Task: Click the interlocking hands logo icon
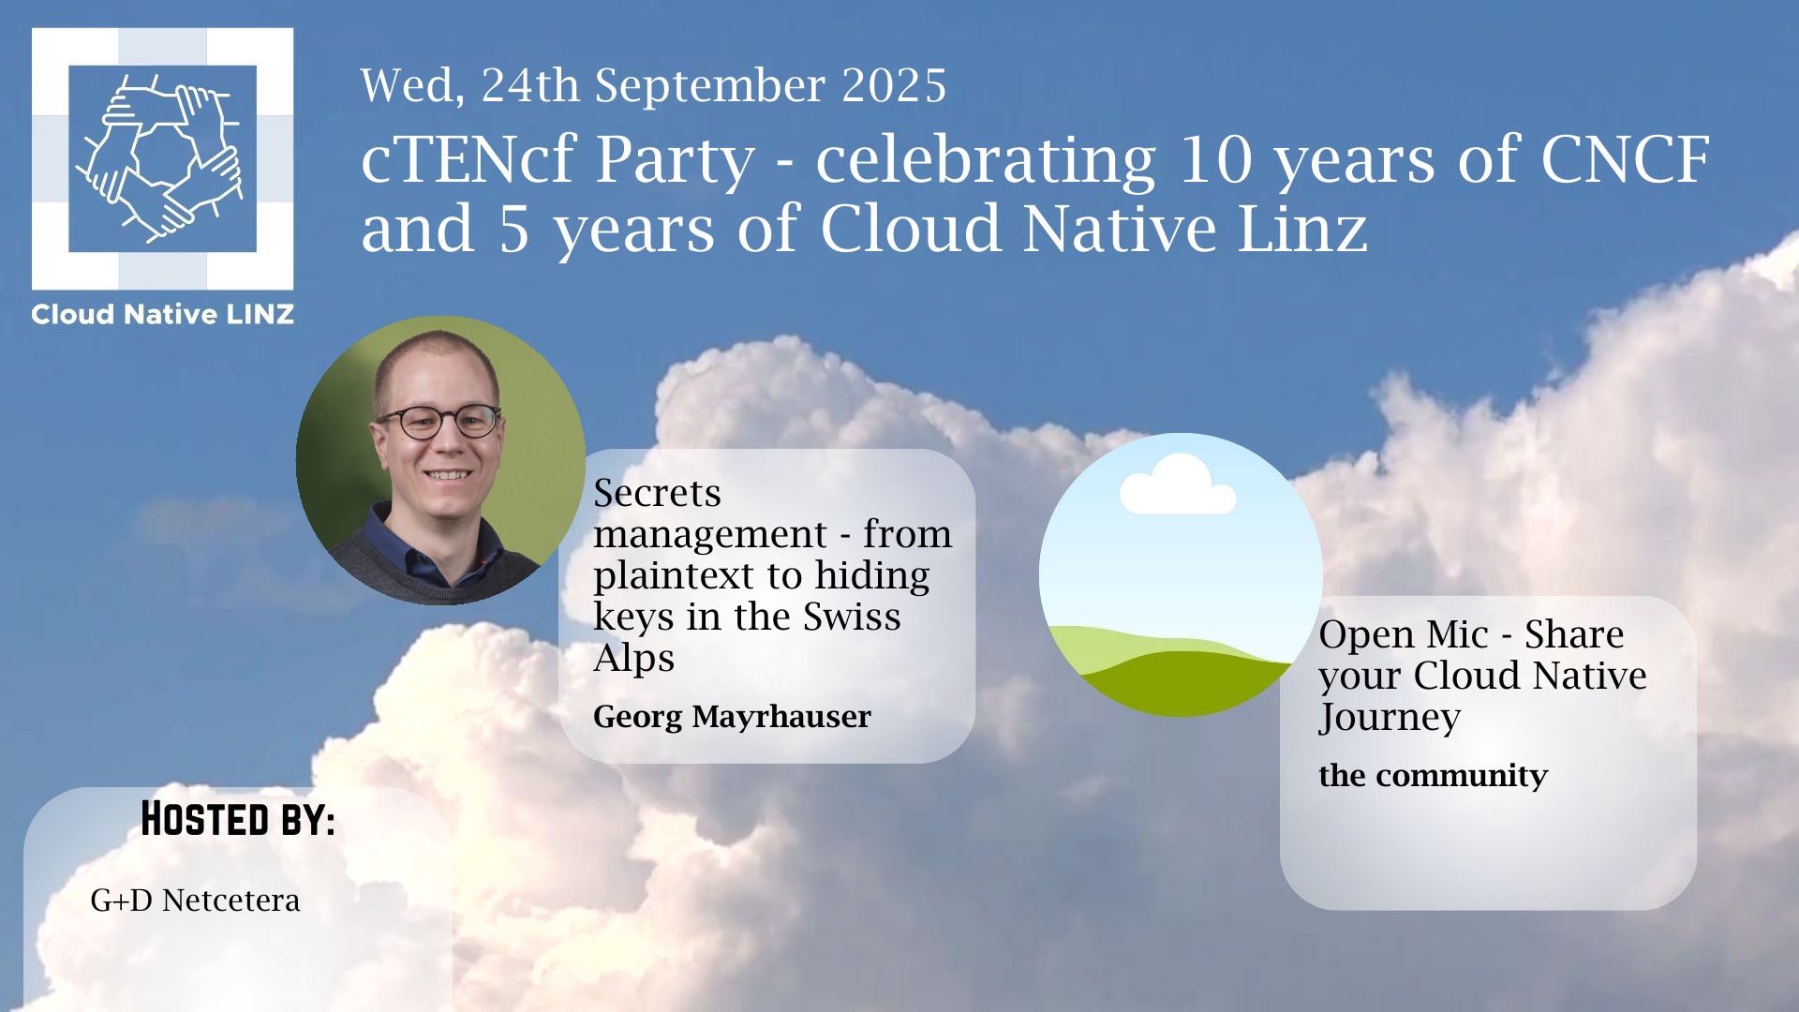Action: [x=162, y=158]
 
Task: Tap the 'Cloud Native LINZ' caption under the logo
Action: [x=162, y=315]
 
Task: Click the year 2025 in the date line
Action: [x=894, y=85]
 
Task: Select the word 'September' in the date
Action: [x=710, y=87]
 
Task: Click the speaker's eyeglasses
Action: [x=439, y=422]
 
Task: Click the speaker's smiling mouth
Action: [x=448, y=475]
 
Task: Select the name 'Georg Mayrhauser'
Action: [x=732, y=717]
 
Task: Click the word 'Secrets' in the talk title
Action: [x=657, y=493]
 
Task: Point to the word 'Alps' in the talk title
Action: [x=633, y=659]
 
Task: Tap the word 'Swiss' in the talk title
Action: [x=852, y=617]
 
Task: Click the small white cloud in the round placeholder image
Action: [x=1178, y=484]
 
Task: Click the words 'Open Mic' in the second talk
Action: [x=1404, y=635]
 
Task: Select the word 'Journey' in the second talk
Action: [x=1390, y=718]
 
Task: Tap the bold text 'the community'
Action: [x=1433, y=776]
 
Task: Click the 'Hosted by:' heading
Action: [x=238, y=819]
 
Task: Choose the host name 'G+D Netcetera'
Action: [x=195, y=900]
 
